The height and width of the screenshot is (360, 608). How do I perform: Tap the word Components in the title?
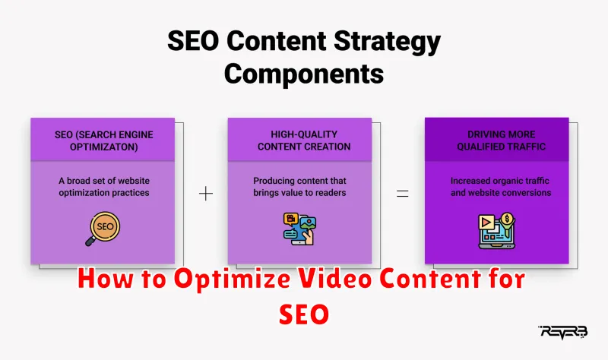[x=304, y=74]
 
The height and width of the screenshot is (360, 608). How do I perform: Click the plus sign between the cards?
[x=206, y=194]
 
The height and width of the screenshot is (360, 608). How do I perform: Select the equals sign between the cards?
[x=403, y=194]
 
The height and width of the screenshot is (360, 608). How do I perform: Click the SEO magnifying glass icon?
[x=103, y=229]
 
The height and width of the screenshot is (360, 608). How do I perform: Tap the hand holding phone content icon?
[x=299, y=229]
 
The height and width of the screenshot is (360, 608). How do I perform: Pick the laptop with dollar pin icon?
[x=497, y=230]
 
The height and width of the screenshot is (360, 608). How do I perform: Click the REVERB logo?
[x=562, y=332]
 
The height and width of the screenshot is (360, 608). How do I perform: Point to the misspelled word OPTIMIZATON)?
[x=104, y=147]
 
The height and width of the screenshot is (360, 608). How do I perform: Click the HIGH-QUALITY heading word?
[x=304, y=134]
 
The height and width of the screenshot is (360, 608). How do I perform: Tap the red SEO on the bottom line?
[x=304, y=314]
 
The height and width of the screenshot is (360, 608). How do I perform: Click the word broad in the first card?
[x=78, y=181]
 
